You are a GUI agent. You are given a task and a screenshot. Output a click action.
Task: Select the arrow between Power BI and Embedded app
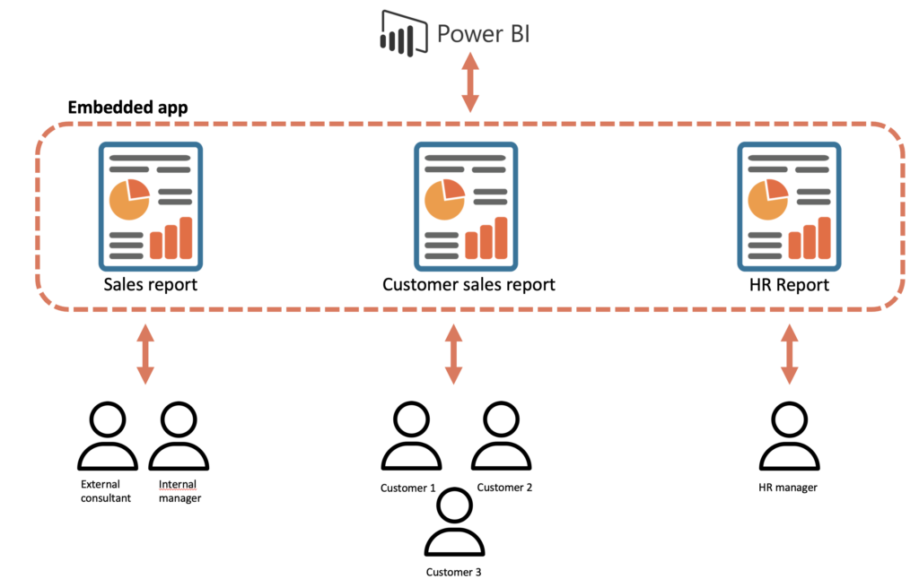(x=468, y=82)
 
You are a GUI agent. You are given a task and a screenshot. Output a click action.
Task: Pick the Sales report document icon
(x=150, y=206)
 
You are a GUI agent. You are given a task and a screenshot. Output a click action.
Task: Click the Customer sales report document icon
(x=466, y=206)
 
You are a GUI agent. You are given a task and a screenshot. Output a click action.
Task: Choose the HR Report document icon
(x=790, y=206)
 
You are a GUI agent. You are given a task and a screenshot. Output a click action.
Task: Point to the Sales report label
(x=150, y=285)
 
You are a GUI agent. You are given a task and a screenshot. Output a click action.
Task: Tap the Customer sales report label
(x=468, y=285)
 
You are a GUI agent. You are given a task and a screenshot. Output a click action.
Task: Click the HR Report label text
(x=790, y=285)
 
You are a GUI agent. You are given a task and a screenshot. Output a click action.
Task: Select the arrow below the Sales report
(x=144, y=354)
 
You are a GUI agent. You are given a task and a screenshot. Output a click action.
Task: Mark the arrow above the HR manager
(x=790, y=354)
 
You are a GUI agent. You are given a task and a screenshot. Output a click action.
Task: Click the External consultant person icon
(x=108, y=436)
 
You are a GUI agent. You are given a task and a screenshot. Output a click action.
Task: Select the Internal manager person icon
(x=179, y=436)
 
